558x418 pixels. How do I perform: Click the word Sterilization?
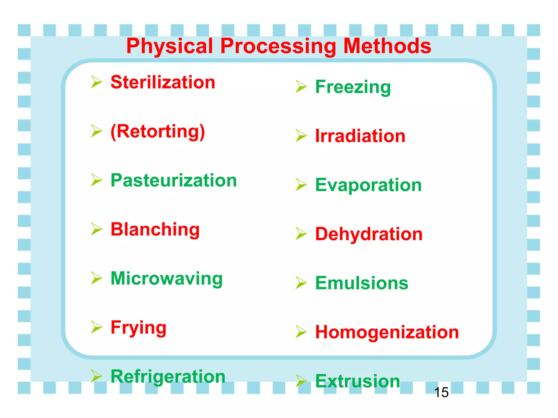click(163, 82)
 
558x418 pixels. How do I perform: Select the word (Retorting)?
click(158, 132)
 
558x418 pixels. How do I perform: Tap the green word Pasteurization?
click(174, 180)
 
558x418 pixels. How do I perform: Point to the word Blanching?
click(155, 229)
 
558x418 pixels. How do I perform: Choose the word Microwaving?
click(166, 278)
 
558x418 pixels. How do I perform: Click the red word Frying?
click(138, 328)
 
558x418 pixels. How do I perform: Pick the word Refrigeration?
click(168, 377)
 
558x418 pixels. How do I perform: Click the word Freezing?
click(353, 87)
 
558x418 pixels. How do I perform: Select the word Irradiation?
click(360, 136)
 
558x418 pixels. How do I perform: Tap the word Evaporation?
click(368, 185)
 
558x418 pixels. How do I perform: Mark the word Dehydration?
click(369, 234)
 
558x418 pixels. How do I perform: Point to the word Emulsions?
click(362, 283)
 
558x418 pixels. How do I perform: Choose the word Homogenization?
click(387, 332)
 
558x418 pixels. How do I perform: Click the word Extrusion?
click(357, 381)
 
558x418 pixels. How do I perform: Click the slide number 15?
click(441, 392)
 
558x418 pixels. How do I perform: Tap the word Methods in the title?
click(387, 46)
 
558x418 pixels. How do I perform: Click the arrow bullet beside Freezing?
click(301, 87)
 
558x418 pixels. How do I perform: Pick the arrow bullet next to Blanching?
click(96, 229)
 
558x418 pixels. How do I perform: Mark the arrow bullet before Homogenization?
click(301, 332)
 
